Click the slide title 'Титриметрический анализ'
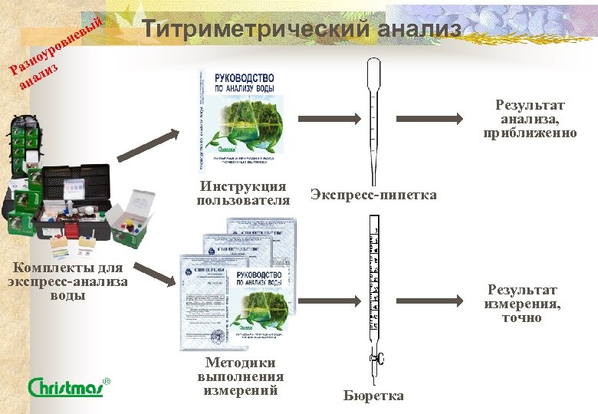coord(302,30)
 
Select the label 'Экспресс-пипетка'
coord(373,195)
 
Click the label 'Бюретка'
coord(373,396)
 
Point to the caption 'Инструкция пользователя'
coord(243,193)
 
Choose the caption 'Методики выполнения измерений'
coord(240,376)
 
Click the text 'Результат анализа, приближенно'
coord(530,119)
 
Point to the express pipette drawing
coord(373,107)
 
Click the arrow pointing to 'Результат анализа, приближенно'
coord(429,119)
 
